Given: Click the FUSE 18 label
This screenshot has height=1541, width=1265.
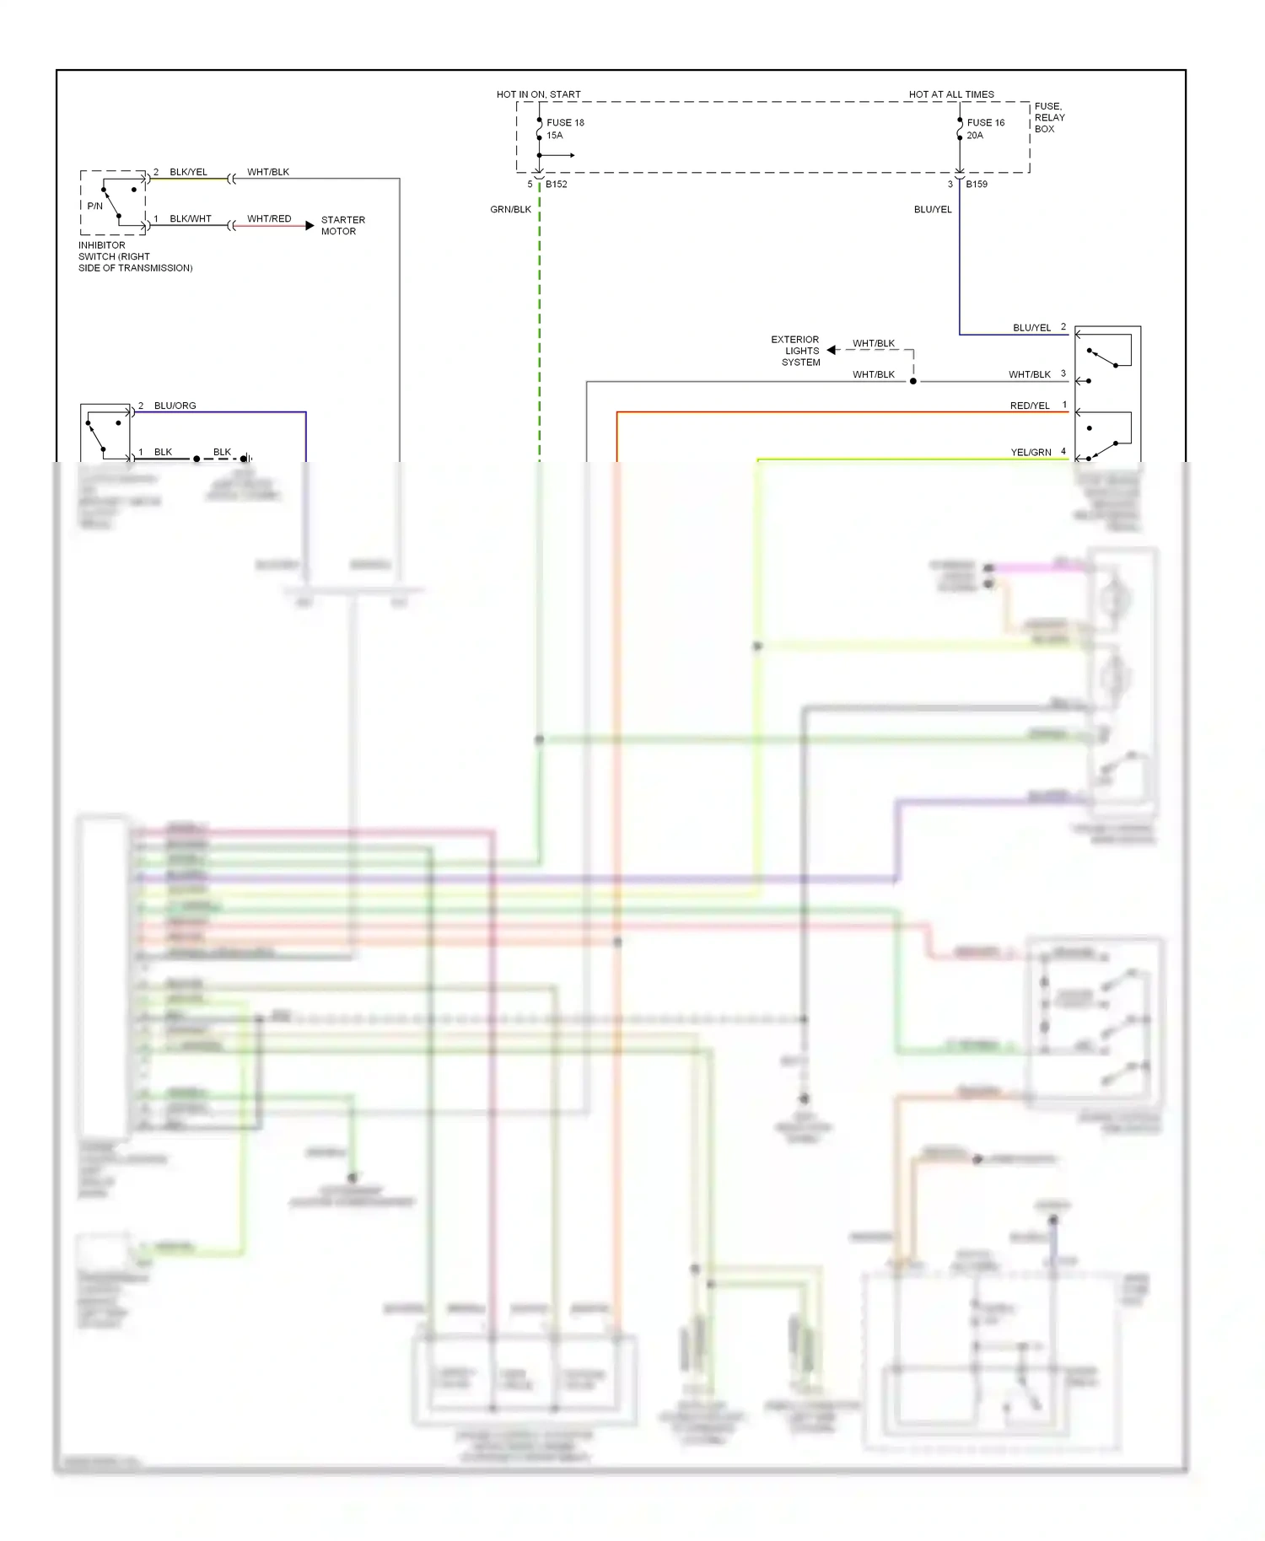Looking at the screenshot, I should coord(564,122).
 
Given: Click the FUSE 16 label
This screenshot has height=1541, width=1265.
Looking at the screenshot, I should coord(985,122).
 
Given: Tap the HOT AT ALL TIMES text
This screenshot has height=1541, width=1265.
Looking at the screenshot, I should coord(950,94).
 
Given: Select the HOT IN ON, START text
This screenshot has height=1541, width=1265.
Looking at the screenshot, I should coord(538,94).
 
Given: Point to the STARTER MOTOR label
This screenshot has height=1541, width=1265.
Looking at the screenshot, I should coord(342,225).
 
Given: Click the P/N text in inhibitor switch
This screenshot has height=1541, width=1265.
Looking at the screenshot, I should coord(94,206).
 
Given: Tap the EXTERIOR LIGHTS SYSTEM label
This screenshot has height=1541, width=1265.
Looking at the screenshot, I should coord(795,351).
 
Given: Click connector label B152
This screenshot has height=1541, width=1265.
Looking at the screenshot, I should coord(556,184).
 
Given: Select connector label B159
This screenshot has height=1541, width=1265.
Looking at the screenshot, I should coord(976,184).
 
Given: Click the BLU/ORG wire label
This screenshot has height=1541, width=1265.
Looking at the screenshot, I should coord(175,405).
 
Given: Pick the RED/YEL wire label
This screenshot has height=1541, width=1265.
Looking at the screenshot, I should coord(1029,405).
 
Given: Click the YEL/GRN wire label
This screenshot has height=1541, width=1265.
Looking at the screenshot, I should coord(1031,452).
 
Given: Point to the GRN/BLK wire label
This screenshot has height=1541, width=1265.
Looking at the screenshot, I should coord(510,209).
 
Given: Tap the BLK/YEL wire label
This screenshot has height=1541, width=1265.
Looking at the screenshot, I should coord(188,172).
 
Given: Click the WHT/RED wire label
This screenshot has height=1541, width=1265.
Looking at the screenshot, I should coord(269,218).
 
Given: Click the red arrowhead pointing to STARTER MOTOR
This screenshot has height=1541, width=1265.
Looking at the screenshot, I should coord(310,226).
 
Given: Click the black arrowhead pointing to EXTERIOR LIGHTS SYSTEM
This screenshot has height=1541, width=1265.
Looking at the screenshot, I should coord(832,350).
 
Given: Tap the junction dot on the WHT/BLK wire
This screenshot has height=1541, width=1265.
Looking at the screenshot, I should coord(912,381).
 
